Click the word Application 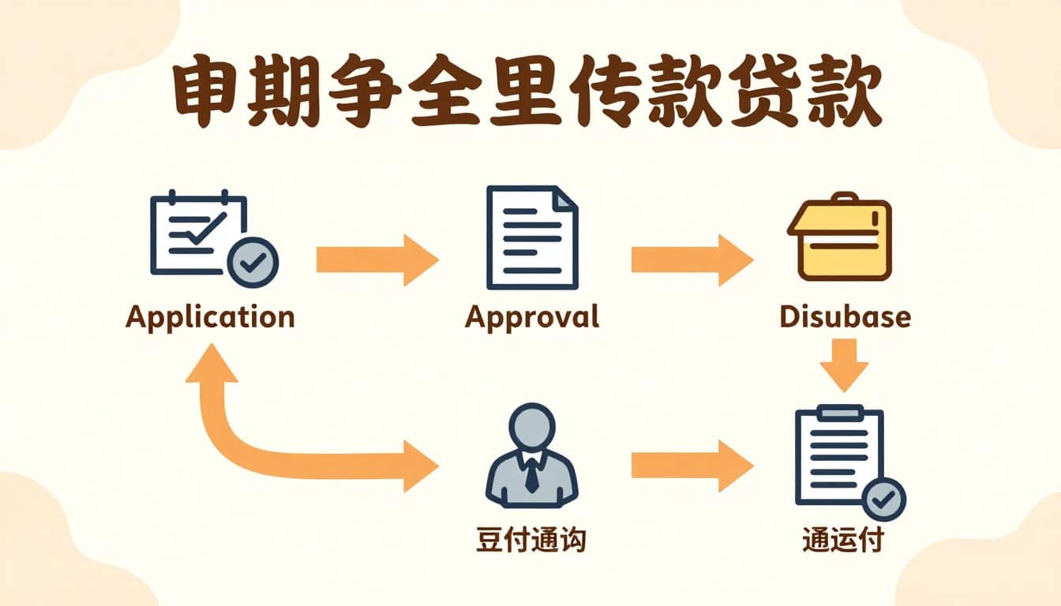tap(210, 317)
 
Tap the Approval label tap(531, 317)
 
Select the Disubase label tap(844, 317)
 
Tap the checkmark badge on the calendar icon tap(253, 262)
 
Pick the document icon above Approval tap(532, 237)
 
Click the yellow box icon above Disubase tap(839, 236)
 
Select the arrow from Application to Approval tap(377, 259)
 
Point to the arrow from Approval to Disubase tap(692, 259)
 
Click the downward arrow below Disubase tap(844, 365)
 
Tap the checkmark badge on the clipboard tap(883, 499)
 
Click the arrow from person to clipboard tap(692, 466)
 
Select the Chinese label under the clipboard tap(842, 541)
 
